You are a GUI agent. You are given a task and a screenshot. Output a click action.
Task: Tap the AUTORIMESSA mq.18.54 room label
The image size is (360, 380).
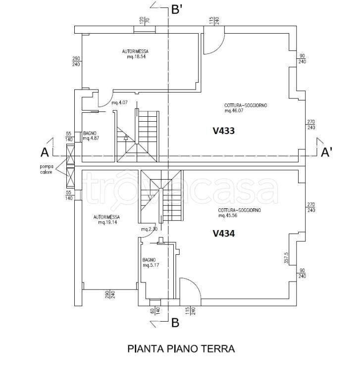click(135, 54)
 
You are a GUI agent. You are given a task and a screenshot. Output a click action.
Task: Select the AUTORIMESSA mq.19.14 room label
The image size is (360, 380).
click(106, 220)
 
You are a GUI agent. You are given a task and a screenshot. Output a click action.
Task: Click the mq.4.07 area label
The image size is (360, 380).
click(119, 103)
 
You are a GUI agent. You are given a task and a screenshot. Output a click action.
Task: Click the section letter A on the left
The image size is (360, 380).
click(45, 152)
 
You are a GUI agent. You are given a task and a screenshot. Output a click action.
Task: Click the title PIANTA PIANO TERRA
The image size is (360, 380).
click(181, 349)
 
